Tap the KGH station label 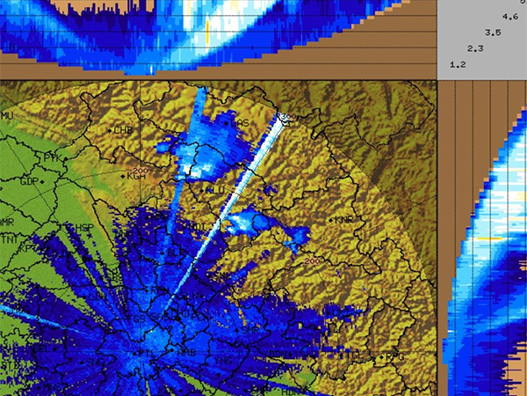pyautogui.click(x=136, y=176)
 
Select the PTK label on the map pyautogui.click(x=54, y=158)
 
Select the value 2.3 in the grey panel pyautogui.click(x=476, y=48)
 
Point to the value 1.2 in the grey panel pyautogui.click(x=458, y=65)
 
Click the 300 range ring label pyautogui.click(x=285, y=116)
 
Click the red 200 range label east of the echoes pyautogui.click(x=314, y=261)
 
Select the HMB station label pyautogui.click(x=186, y=352)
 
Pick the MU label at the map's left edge pyautogui.click(x=8, y=116)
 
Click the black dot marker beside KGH pyautogui.click(x=125, y=176)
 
